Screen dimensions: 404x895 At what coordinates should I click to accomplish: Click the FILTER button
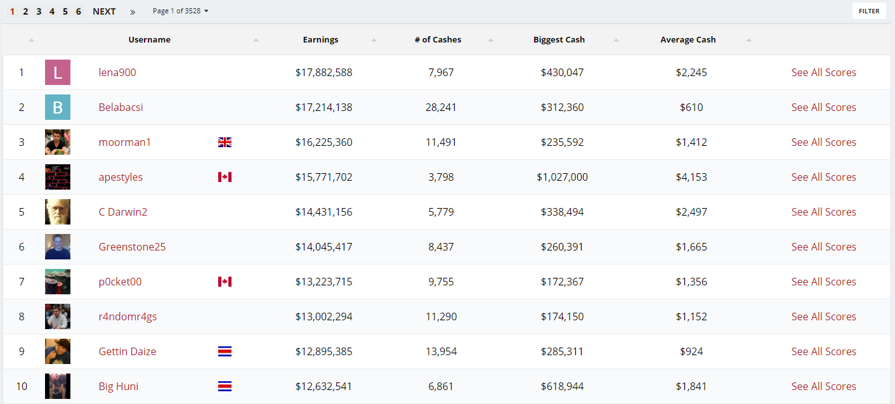coord(869,11)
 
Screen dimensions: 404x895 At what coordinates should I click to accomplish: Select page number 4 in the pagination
coord(51,11)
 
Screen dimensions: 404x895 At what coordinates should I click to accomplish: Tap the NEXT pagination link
coord(104,11)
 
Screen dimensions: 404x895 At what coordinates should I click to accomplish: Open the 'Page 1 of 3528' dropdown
coord(181,11)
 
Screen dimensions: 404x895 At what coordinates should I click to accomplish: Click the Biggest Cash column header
coord(559,39)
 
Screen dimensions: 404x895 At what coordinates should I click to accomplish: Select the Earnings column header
coord(320,39)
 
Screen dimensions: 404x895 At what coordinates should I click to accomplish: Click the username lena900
coord(117,72)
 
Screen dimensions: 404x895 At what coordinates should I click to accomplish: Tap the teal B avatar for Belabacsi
coord(58,107)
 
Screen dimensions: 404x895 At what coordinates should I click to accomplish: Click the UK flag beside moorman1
coord(225,142)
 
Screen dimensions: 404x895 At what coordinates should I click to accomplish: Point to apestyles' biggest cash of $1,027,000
coord(562,177)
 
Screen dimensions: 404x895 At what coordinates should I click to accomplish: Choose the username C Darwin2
coord(123,212)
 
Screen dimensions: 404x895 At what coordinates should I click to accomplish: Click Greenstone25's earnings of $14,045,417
coord(323,247)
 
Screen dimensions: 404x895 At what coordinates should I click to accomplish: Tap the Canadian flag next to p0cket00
coord(225,282)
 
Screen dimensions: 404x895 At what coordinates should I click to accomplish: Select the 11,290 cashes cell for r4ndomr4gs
coord(441,316)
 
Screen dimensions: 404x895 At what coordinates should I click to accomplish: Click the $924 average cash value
coord(691,351)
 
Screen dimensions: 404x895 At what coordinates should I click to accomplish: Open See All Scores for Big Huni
coord(823,386)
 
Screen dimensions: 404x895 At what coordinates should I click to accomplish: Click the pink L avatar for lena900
coord(58,72)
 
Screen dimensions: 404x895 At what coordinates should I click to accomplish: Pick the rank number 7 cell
coord(22,282)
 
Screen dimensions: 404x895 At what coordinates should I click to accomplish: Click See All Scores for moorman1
coord(823,142)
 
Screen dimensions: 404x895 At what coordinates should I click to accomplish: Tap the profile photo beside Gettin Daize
coord(58,351)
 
